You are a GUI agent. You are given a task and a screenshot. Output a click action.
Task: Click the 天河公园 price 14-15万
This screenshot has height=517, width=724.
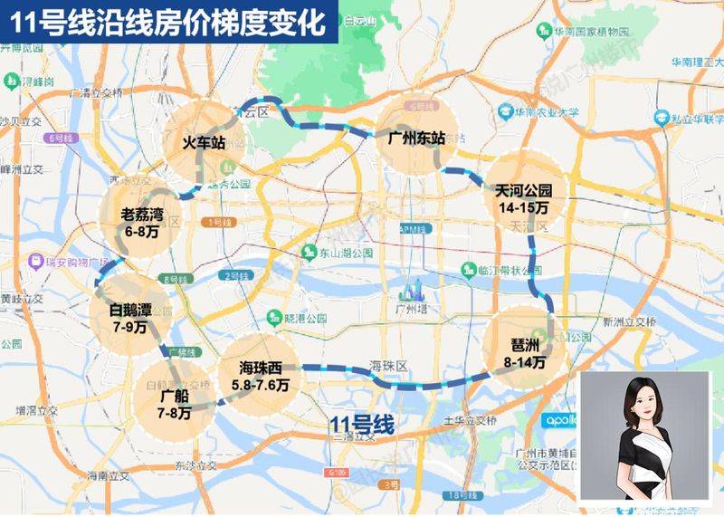pos(523,207)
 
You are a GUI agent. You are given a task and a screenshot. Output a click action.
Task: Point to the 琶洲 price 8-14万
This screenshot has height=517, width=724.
pos(526,362)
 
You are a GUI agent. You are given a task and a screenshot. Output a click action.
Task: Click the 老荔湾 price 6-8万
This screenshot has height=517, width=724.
pos(142,232)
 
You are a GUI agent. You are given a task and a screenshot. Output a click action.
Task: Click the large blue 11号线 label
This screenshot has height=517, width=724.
pos(361,423)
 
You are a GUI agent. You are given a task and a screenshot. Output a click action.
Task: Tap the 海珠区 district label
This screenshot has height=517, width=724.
pos(390,365)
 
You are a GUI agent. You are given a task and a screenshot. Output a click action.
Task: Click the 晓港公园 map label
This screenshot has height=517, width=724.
pos(304,319)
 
